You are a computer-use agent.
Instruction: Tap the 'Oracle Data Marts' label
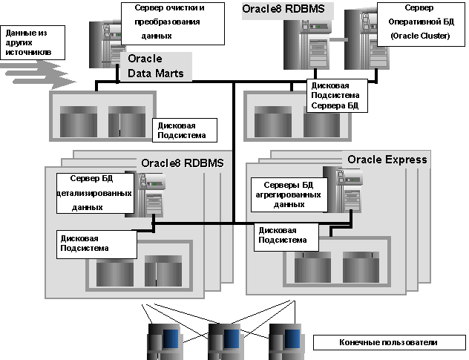pyautogui.click(x=156, y=65)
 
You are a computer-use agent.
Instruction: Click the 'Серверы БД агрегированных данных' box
pyautogui.click(x=287, y=193)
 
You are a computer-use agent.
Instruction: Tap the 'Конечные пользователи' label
pyautogui.click(x=389, y=343)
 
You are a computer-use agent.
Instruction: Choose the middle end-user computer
pyautogui.click(x=224, y=339)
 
